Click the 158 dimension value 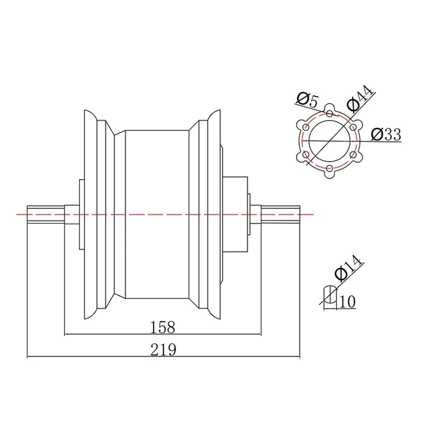click(163, 326)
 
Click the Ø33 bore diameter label click(386, 134)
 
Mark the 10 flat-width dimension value click(348, 302)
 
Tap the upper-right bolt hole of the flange click(353, 127)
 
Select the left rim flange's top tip click(86, 111)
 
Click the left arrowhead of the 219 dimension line click(30, 356)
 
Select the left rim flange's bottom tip click(86, 317)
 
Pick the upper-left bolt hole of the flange click(305, 127)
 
